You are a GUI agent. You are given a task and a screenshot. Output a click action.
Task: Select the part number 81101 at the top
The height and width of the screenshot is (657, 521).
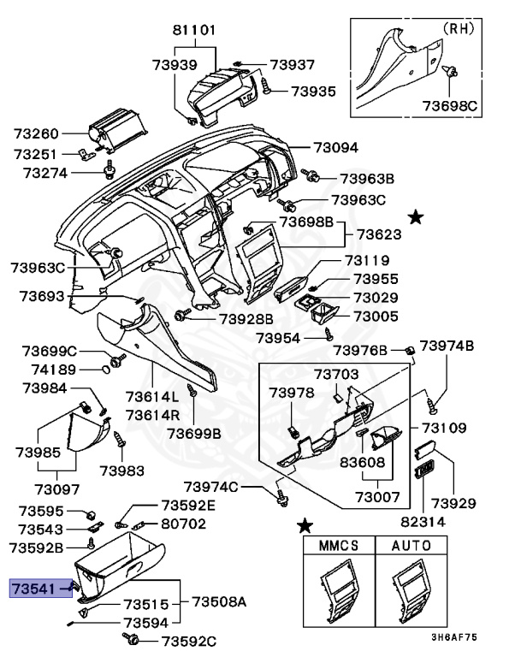[195, 29]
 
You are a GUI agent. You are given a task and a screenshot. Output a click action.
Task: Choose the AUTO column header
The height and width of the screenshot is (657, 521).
[411, 544]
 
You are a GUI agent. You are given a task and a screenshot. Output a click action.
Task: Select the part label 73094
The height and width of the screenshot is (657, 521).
[335, 147]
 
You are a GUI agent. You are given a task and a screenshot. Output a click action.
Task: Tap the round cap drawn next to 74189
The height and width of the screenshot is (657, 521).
[107, 370]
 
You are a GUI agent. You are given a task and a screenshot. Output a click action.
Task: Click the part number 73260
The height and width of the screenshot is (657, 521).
[36, 134]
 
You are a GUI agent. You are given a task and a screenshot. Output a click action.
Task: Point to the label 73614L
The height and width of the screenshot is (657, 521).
[152, 397]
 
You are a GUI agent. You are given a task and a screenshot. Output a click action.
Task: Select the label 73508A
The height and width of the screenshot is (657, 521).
[217, 602]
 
